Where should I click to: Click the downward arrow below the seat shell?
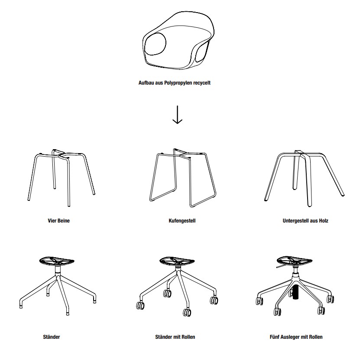(177, 115)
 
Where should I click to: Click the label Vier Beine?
(58, 221)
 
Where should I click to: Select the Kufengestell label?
(182, 221)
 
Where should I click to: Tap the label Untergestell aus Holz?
(305, 221)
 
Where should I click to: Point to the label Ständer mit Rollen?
(175, 337)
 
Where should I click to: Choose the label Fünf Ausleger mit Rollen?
(296, 337)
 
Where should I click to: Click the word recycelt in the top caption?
(202, 83)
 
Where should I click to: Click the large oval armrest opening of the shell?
(156, 44)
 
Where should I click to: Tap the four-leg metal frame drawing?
(62, 177)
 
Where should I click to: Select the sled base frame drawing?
(183, 177)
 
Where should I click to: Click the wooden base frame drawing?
(304, 178)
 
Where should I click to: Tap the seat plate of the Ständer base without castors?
(57, 261)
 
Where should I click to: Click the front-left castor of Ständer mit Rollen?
(140, 305)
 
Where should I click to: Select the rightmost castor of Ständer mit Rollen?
(214, 301)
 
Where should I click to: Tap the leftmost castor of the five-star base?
(260, 301)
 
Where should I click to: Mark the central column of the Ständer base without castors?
(58, 271)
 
